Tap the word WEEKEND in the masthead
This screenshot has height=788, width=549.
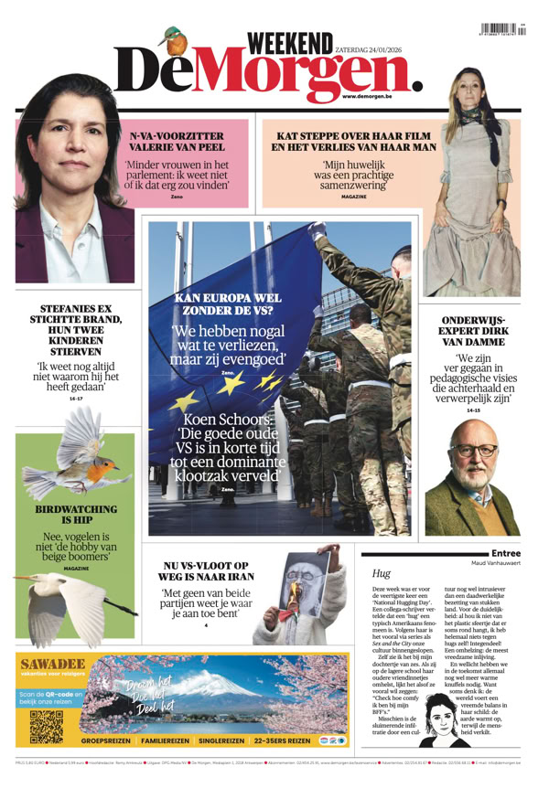point(290,42)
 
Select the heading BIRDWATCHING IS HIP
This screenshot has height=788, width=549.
point(76,514)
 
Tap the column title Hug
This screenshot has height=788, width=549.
point(382,573)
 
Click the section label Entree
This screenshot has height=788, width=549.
point(505,553)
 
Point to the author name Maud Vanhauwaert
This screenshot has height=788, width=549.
point(495,563)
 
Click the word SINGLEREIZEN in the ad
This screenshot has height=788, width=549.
point(219,740)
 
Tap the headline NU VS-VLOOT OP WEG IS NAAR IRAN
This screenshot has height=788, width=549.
point(205,572)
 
